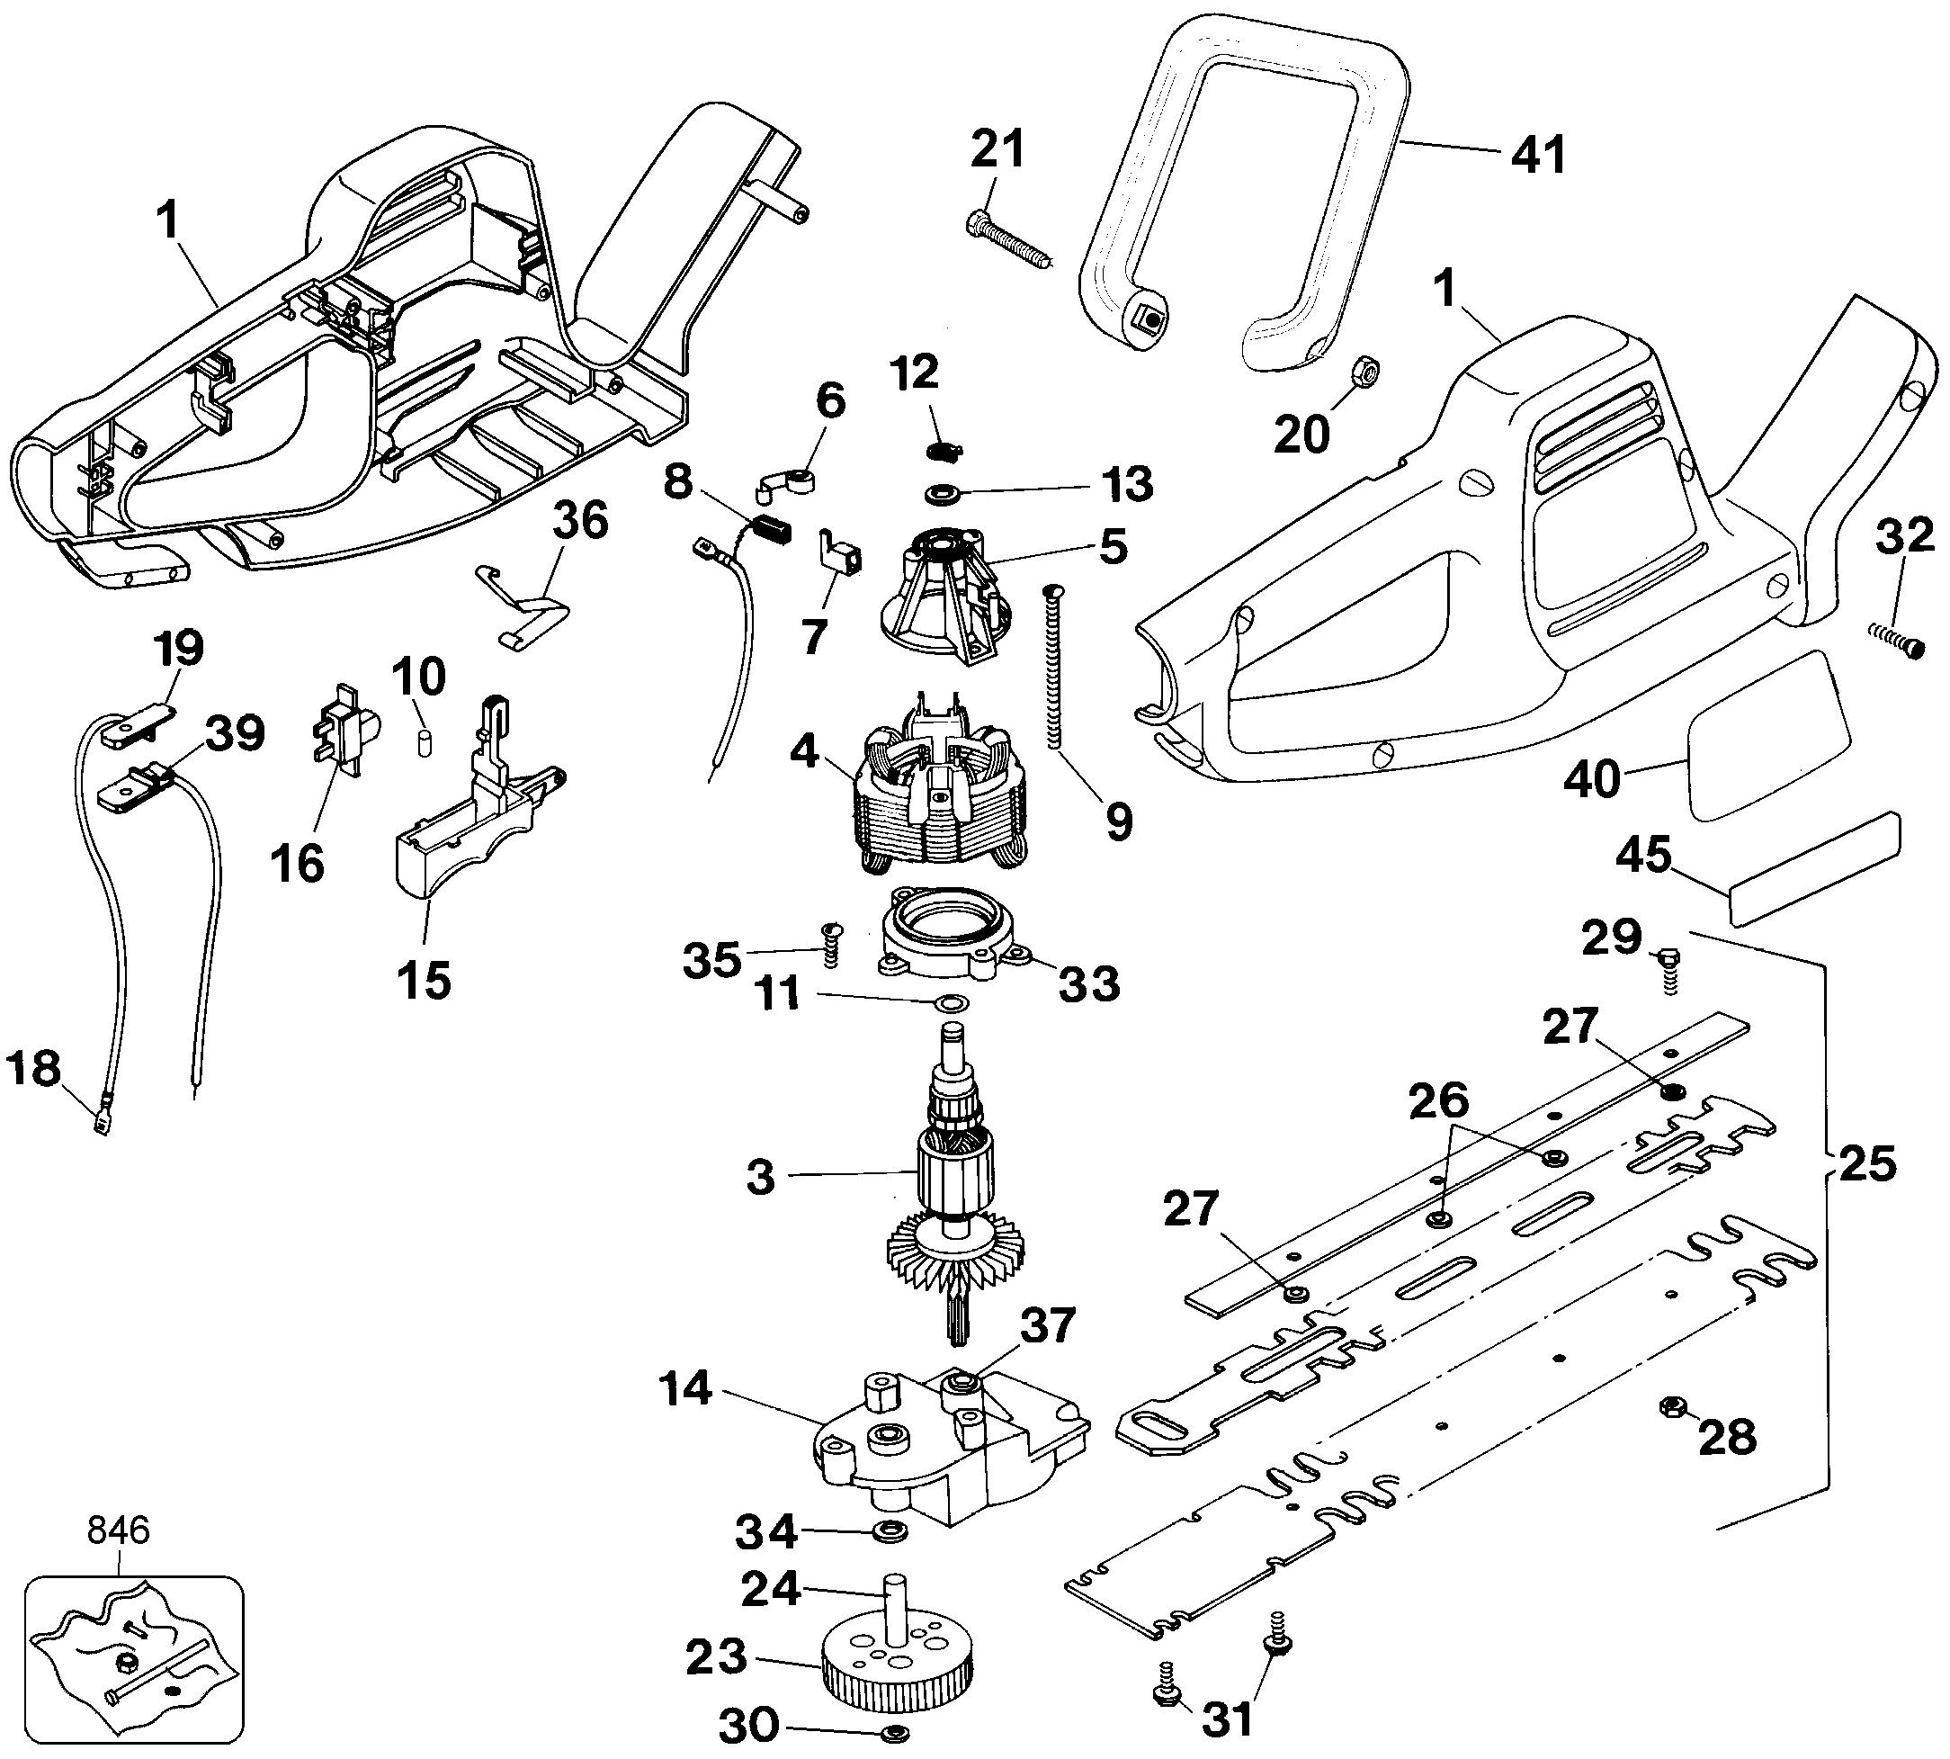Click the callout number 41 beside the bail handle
point(1538,155)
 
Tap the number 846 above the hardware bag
point(119,1530)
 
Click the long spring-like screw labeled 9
point(1053,667)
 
